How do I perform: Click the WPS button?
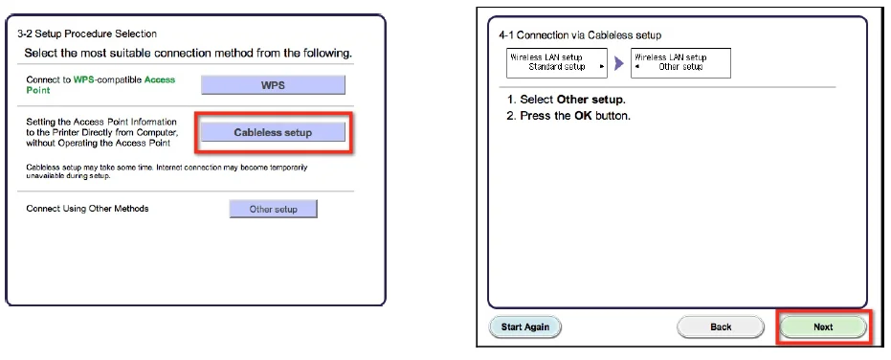pyautogui.click(x=273, y=85)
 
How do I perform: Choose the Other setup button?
pyautogui.click(x=274, y=209)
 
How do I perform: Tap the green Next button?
pyautogui.click(x=823, y=327)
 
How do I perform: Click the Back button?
pyautogui.click(x=721, y=327)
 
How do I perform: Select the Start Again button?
pyautogui.click(x=525, y=327)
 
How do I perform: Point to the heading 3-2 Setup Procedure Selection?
pyautogui.click(x=87, y=34)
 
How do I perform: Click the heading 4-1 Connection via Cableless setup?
pyautogui.click(x=580, y=35)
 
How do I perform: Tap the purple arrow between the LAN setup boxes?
pyautogui.click(x=619, y=63)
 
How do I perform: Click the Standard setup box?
pyautogui.click(x=557, y=62)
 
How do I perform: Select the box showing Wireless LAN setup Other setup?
pyautogui.click(x=680, y=62)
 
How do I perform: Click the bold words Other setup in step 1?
pyautogui.click(x=590, y=100)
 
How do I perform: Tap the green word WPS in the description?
pyautogui.click(x=84, y=80)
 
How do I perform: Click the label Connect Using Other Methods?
pyautogui.click(x=87, y=209)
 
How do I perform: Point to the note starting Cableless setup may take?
pyautogui.click(x=167, y=171)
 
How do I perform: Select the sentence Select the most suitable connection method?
pyautogui.click(x=189, y=54)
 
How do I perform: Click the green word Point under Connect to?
pyautogui.click(x=38, y=90)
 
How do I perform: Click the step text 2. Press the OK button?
pyautogui.click(x=568, y=116)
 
